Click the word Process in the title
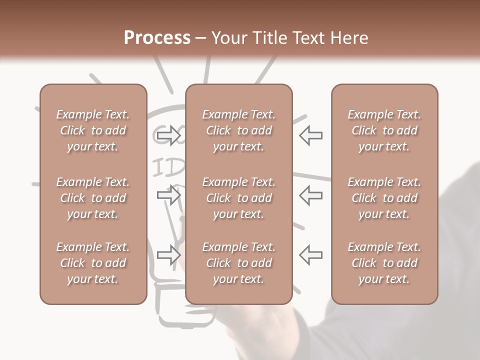[x=157, y=38]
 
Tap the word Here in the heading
[x=349, y=38]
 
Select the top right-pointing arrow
[x=168, y=135]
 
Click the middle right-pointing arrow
[x=168, y=195]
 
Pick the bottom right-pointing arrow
[x=168, y=255]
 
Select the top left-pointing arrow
[x=311, y=135]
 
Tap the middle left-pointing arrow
[x=311, y=195]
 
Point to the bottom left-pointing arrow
[x=311, y=254]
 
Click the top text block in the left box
[x=93, y=130]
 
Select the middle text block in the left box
[x=93, y=198]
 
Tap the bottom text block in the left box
[x=93, y=263]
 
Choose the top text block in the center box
[x=238, y=130]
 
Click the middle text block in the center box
[x=238, y=198]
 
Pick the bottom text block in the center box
[x=238, y=263]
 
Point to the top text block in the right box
[x=384, y=130]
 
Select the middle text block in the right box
[x=384, y=198]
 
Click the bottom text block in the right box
[x=384, y=263]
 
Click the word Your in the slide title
[x=228, y=38]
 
